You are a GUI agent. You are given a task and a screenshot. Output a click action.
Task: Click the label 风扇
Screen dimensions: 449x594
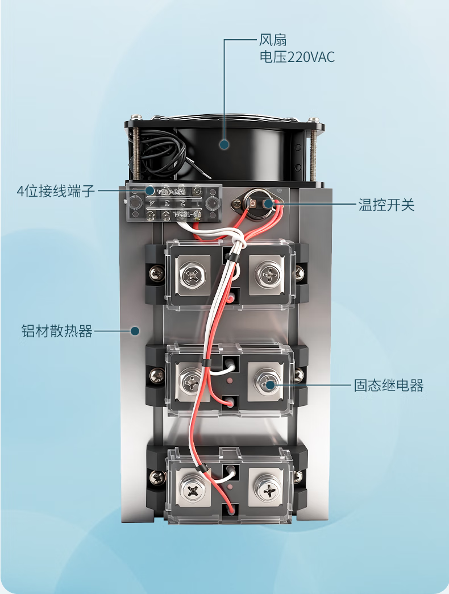pos(273,40)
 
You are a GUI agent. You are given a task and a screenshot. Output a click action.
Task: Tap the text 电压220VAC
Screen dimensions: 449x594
pos(297,57)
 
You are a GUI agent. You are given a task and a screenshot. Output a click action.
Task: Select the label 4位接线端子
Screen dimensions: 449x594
pos(55,191)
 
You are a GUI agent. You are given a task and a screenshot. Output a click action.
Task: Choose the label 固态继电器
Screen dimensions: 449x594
pos(389,386)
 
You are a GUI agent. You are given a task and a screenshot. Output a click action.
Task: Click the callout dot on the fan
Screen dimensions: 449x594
pos(224,144)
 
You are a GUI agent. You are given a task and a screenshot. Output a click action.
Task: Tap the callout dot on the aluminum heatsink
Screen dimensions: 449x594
pos(135,331)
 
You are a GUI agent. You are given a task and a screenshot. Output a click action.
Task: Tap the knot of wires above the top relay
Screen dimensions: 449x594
pos(239,242)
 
